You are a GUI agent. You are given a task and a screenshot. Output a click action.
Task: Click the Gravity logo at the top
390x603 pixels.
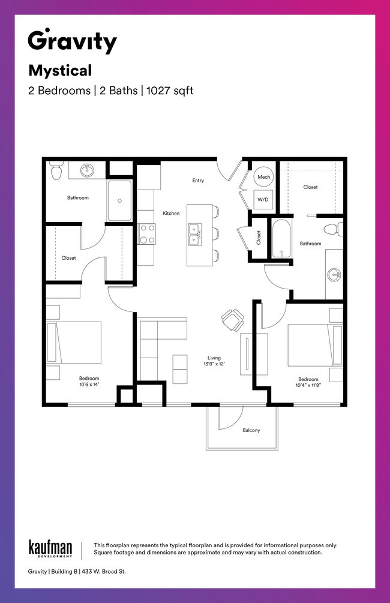point(72,41)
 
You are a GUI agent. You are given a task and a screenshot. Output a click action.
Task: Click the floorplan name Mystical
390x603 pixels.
point(60,71)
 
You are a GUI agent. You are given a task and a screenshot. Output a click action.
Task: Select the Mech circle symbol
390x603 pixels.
point(263,177)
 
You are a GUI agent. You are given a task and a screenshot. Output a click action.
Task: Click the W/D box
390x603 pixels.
point(263,199)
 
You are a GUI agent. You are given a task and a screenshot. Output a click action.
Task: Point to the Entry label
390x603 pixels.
point(198,180)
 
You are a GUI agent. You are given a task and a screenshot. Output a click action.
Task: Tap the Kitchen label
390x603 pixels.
point(171,213)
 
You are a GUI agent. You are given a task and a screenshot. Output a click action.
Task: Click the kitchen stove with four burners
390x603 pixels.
point(147,234)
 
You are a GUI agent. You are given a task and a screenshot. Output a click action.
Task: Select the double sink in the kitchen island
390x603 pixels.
point(194,235)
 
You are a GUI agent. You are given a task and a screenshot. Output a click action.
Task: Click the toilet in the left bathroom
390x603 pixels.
point(56,170)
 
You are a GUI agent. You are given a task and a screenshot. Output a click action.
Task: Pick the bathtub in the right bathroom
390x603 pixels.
point(281,239)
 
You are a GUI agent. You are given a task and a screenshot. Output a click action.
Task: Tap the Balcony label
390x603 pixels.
point(251,430)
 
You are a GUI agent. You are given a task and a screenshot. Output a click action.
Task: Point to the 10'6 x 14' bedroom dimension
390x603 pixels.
point(89,385)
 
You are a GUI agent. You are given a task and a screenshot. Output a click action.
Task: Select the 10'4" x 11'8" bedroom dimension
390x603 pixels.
point(308,386)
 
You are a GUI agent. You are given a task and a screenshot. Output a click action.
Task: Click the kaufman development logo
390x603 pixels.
point(50,548)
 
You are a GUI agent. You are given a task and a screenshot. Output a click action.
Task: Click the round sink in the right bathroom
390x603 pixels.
point(334,275)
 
